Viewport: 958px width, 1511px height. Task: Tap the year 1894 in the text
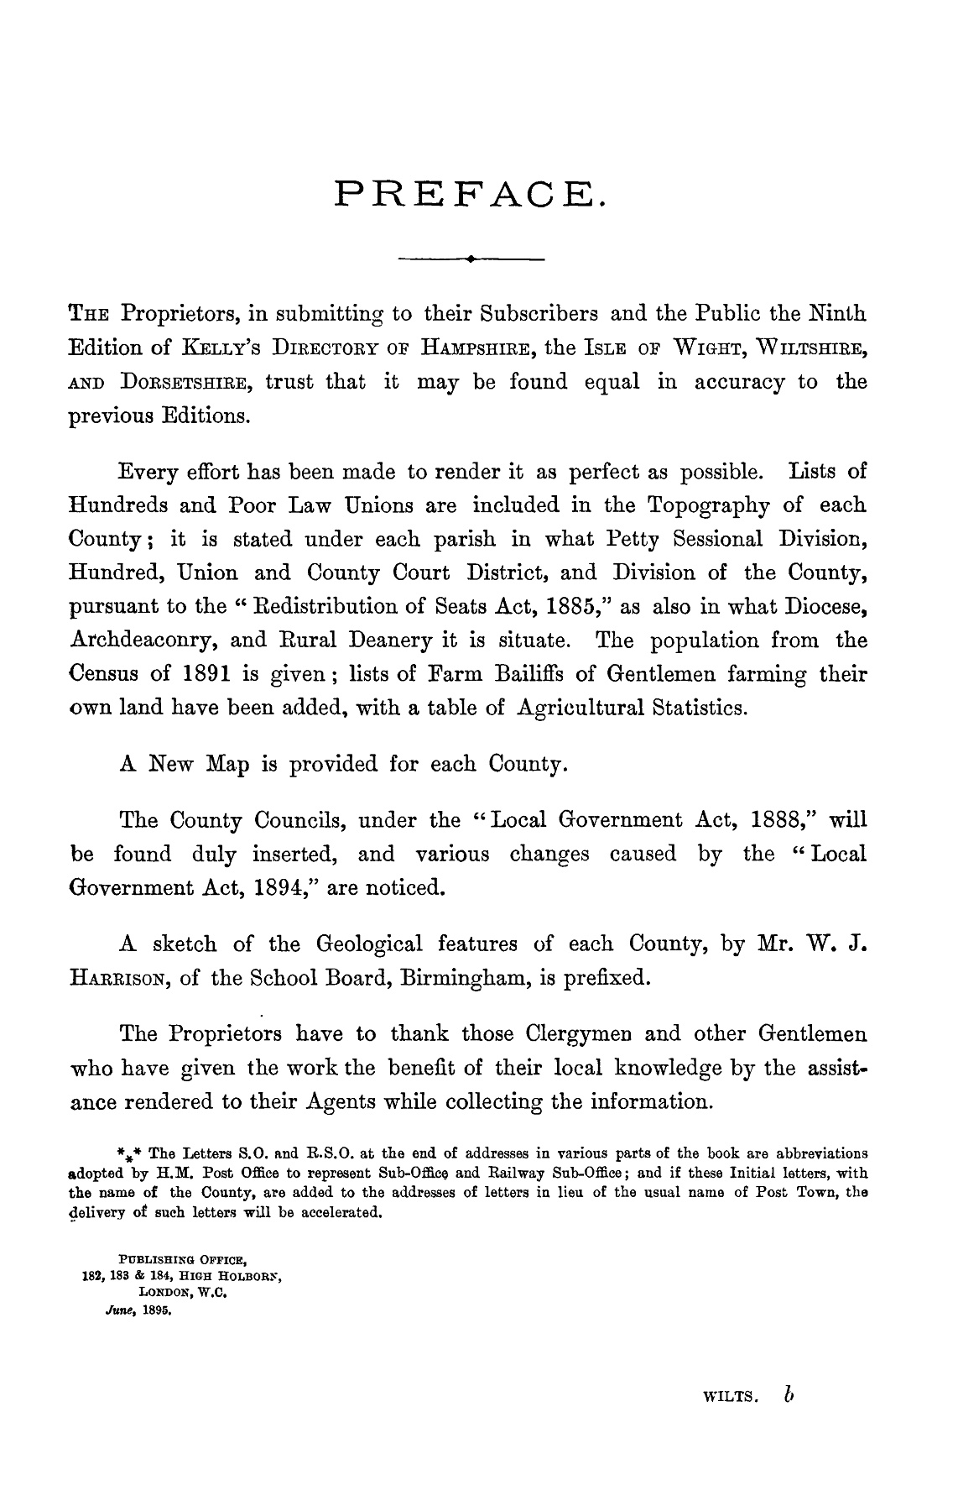(x=284, y=888)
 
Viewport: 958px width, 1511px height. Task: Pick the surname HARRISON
(x=117, y=979)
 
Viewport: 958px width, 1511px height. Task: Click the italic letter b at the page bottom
(x=787, y=1392)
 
